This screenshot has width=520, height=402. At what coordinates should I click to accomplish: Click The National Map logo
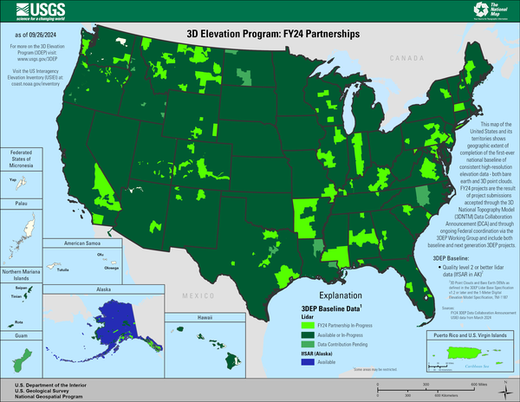tap(493, 10)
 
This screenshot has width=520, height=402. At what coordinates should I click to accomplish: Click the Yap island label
tap(12, 179)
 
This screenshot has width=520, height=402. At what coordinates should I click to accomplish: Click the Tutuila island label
tap(62, 269)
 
